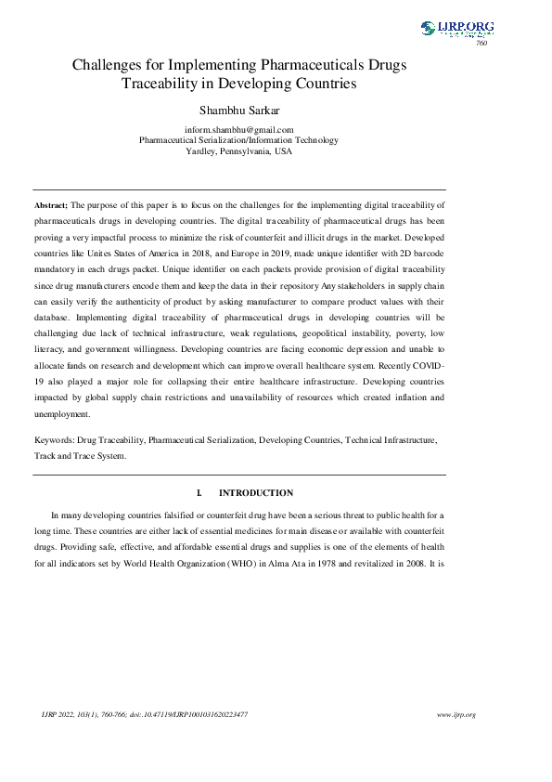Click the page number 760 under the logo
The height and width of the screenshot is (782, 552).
click(x=481, y=44)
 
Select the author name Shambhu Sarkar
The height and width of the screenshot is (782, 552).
click(x=239, y=110)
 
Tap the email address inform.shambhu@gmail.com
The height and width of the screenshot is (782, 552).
click(x=239, y=130)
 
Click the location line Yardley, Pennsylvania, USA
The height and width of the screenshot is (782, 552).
click(x=239, y=150)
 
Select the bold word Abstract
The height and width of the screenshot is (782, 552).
click(x=52, y=203)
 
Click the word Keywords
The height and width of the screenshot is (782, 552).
click(x=55, y=438)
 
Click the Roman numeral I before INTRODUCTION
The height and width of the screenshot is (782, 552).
click(x=199, y=493)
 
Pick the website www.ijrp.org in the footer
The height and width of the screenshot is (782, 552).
click(x=456, y=714)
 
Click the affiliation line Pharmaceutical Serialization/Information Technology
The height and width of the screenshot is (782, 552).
click(x=239, y=140)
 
